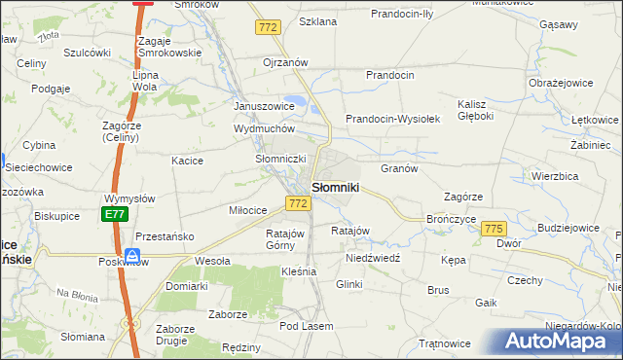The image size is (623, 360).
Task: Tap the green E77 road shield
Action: tap(115, 214)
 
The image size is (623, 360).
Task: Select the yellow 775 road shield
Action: tap(494, 228)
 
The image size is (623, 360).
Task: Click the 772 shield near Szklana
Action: tap(269, 28)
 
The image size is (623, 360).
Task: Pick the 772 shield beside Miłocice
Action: tap(299, 203)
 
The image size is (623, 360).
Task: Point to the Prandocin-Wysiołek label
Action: tap(394, 119)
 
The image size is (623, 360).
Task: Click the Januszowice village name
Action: tap(264, 106)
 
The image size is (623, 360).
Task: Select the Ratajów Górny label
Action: tap(286, 239)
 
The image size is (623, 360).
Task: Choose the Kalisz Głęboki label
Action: tap(477, 109)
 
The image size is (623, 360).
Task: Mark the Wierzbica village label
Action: tap(557, 178)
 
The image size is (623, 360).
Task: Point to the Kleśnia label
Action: tap(299, 271)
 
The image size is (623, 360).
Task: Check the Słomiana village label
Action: tap(83, 337)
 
